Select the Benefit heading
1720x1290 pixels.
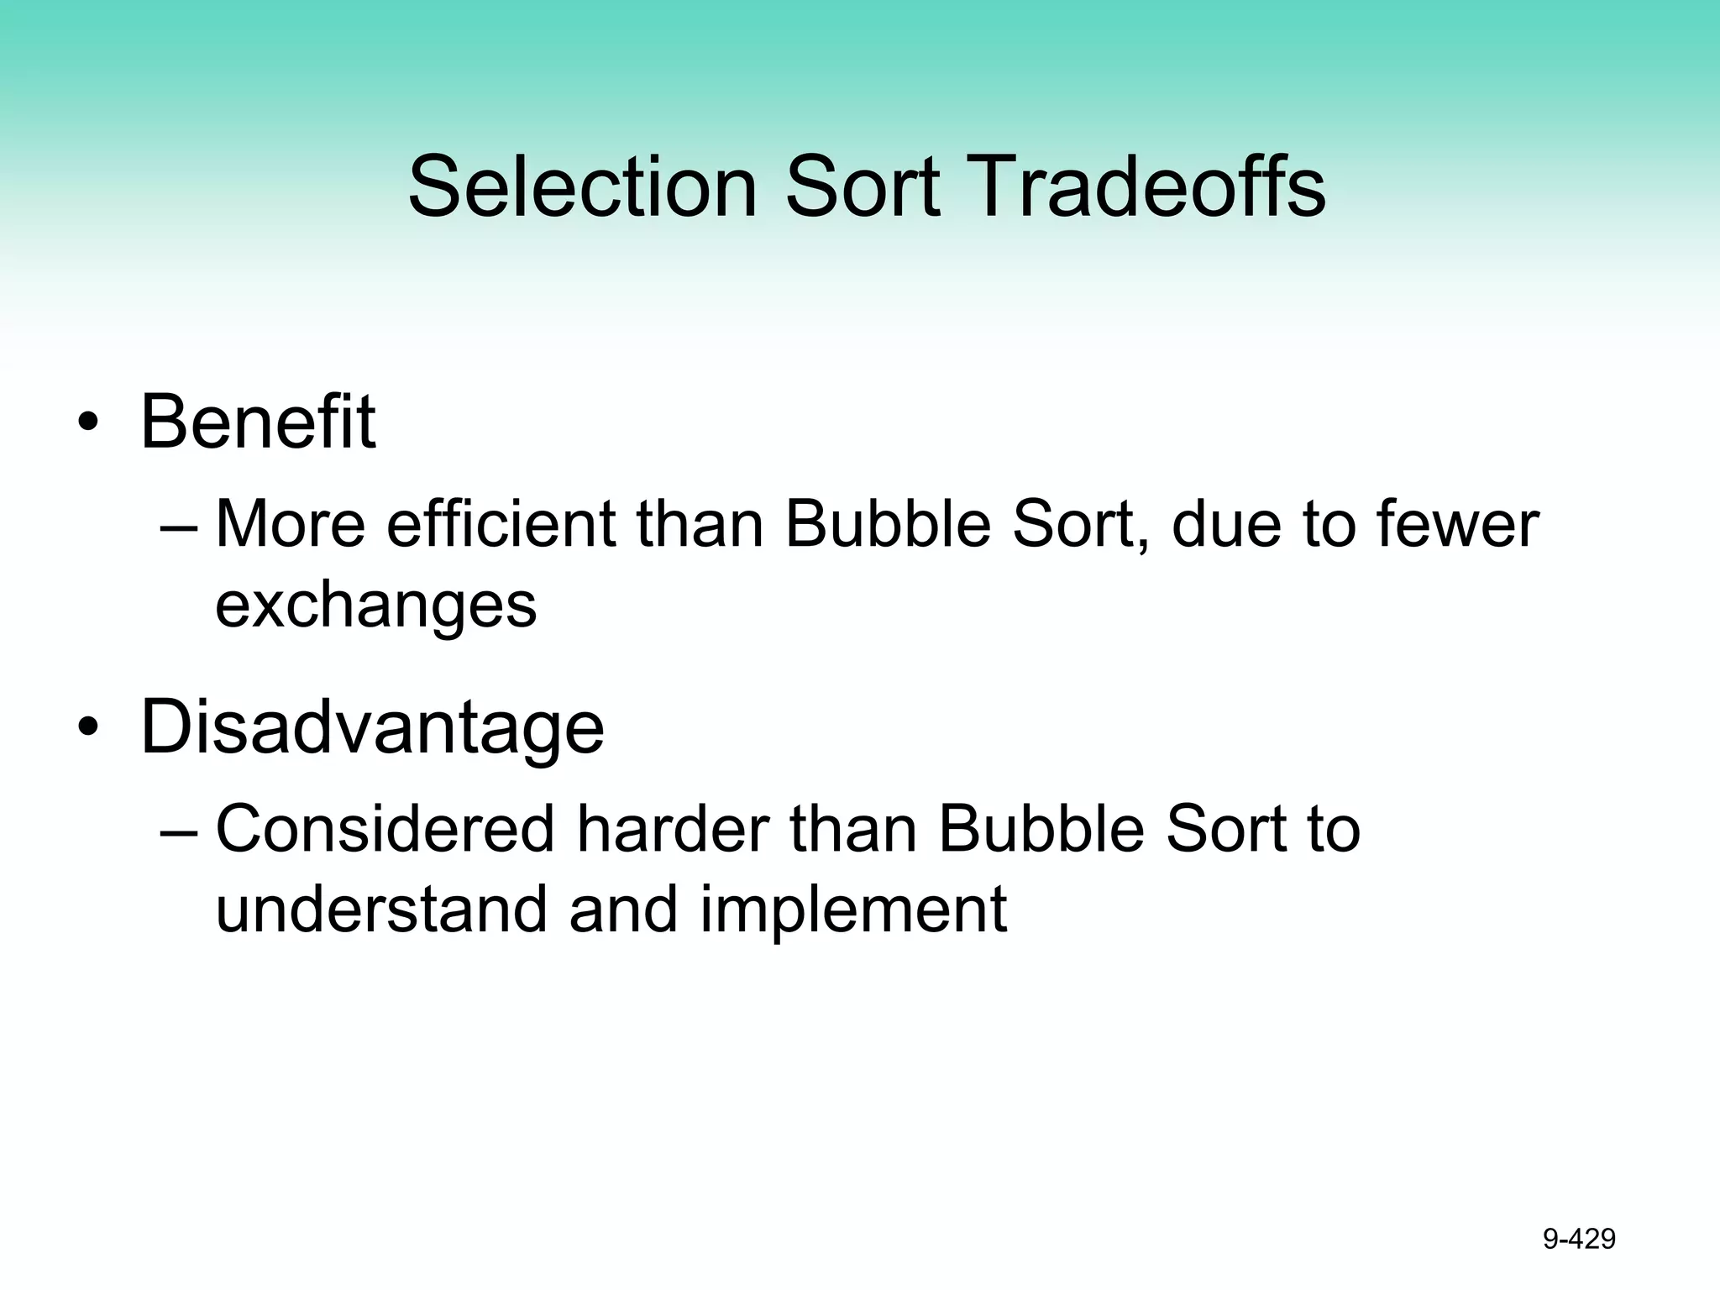click(257, 422)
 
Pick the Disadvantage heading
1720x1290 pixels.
click(371, 727)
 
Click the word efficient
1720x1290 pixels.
click(501, 525)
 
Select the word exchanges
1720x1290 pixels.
click(375, 605)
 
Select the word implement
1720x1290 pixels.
click(852, 910)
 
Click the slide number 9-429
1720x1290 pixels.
click(1579, 1239)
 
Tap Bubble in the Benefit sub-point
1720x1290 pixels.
click(887, 525)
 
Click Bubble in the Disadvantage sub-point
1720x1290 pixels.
click(1041, 830)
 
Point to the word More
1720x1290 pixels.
click(291, 525)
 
